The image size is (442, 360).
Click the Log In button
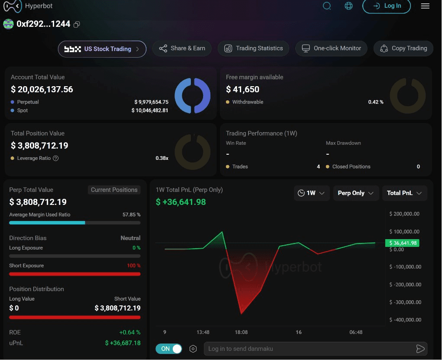tap(387, 6)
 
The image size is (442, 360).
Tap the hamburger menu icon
tap(425, 6)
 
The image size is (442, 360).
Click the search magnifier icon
tap(327, 6)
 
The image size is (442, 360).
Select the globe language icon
tap(348, 6)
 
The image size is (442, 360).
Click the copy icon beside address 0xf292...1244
tap(76, 25)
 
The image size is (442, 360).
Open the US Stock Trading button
tap(102, 49)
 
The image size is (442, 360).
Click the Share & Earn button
tap(182, 49)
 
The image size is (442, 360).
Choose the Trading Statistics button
tap(253, 49)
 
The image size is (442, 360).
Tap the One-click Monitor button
tap(331, 49)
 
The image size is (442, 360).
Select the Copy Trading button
tap(403, 49)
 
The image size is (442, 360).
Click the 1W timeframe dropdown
tap(312, 193)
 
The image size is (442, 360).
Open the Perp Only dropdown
tap(356, 193)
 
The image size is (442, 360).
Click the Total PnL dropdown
tap(404, 193)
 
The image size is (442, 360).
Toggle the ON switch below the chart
tap(168, 349)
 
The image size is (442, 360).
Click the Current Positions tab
tap(114, 190)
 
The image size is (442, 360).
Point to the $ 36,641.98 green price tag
tap(402, 243)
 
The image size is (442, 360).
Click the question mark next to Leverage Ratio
tap(56, 158)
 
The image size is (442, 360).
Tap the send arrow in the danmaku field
tap(420, 349)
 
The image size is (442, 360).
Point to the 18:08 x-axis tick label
tap(241, 332)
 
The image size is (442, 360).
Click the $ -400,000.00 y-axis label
tap(405, 320)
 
